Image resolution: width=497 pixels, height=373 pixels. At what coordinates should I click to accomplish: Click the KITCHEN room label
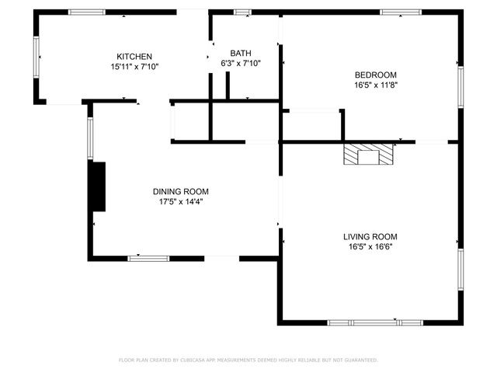(x=134, y=57)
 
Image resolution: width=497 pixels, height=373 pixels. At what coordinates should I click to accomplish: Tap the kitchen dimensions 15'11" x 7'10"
(x=134, y=67)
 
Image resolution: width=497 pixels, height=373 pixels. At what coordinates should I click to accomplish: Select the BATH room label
(x=240, y=54)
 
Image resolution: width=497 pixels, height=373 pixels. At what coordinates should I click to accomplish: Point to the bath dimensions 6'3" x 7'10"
(x=240, y=63)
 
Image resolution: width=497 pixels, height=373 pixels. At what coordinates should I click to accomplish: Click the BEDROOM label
(x=375, y=75)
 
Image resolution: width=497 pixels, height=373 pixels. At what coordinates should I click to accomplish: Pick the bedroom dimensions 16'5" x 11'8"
(x=375, y=85)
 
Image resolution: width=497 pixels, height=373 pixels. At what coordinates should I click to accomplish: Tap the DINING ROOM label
(x=180, y=191)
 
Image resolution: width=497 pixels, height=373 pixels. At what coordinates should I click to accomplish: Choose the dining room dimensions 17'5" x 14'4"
(x=180, y=201)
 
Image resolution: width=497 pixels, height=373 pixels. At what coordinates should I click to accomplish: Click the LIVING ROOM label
(x=370, y=236)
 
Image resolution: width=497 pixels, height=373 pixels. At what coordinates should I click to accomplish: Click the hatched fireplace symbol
(x=370, y=154)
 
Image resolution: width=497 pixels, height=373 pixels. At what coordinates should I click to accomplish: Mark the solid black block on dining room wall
(x=97, y=186)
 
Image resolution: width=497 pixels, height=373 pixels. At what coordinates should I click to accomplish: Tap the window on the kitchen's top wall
(x=87, y=12)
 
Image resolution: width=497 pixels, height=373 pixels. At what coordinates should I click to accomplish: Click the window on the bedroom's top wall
(x=401, y=12)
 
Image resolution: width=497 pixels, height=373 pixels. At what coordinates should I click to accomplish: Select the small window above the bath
(x=243, y=12)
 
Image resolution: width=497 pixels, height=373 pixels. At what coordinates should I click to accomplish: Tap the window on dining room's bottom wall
(x=148, y=258)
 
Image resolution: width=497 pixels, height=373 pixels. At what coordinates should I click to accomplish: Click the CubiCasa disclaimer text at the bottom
(x=248, y=360)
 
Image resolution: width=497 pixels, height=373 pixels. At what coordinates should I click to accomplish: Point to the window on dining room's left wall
(x=90, y=138)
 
